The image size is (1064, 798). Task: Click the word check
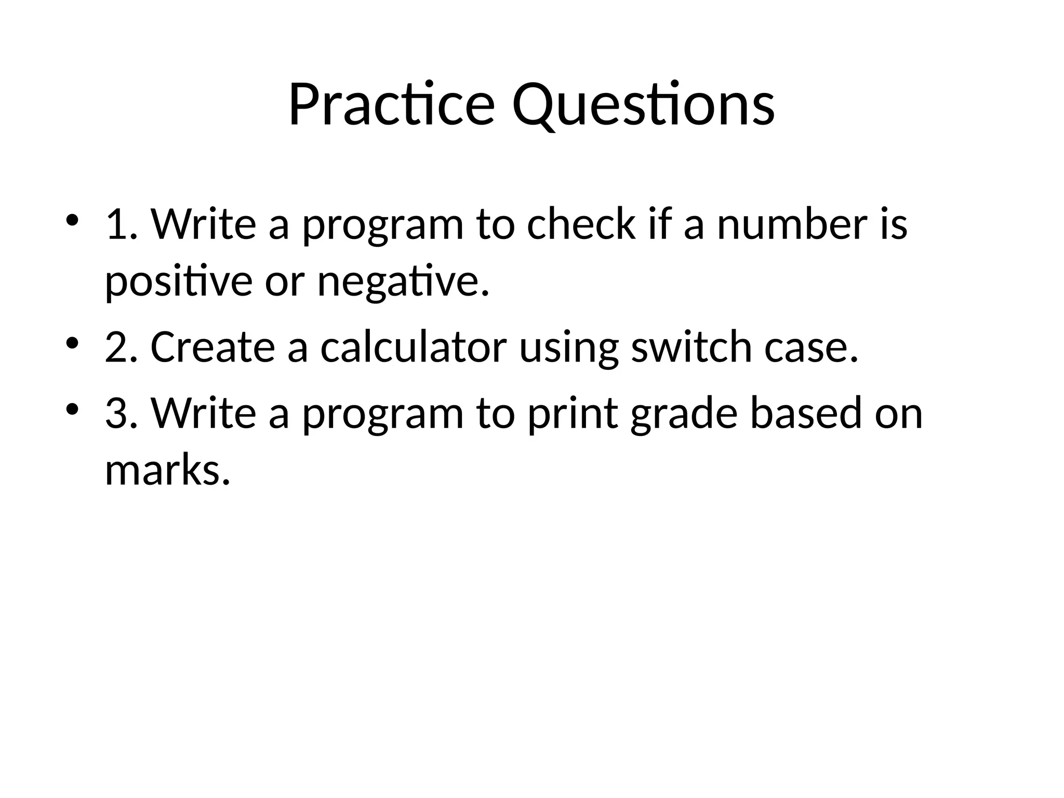click(581, 224)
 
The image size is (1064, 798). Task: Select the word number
click(792, 224)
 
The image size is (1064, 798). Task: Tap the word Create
click(212, 347)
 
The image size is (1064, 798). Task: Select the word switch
click(691, 347)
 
